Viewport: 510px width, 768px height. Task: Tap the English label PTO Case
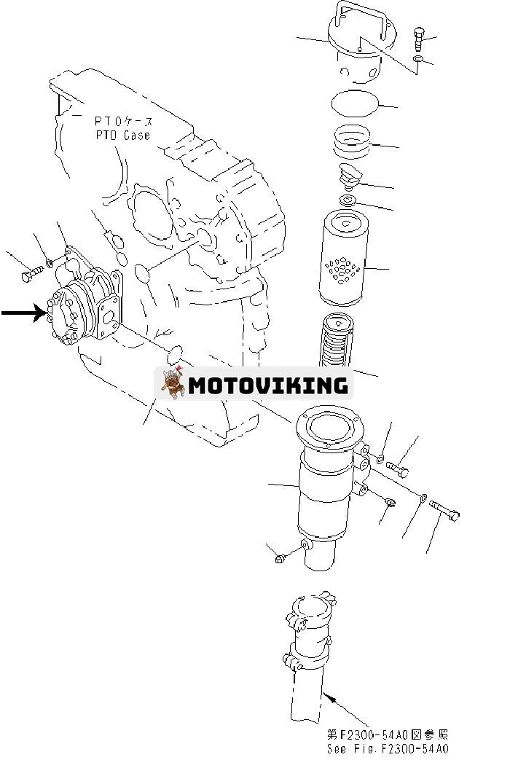click(122, 136)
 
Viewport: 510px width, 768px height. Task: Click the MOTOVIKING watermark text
click(267, 385)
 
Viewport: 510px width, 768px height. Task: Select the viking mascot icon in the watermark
click(173, 384)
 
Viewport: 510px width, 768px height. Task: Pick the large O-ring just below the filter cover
click(355, 103)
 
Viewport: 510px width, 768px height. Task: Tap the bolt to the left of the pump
click(30, 275)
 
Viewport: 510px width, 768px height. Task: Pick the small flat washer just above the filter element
click(348, 200)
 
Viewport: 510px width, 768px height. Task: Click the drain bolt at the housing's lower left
click(282, 557)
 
